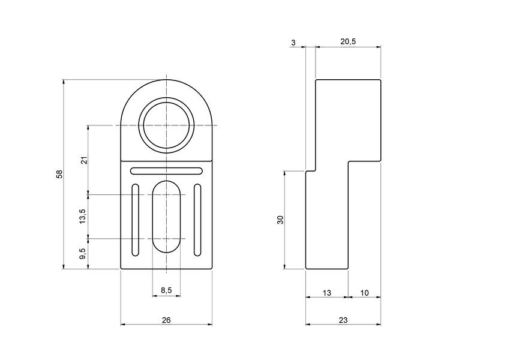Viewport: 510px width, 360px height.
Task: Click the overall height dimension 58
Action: (x=59, y=174)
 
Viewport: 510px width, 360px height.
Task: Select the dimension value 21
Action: (x=84, y=160)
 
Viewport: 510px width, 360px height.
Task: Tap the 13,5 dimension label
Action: (x=83, y=217)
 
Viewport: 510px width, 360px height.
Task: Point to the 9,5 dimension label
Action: (x=83, y=254)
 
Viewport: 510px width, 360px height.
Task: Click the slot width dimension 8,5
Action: (x=166, y=290)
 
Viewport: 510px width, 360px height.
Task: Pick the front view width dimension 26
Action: (x=166, y=320)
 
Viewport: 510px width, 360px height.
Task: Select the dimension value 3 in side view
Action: (x=293, y=42)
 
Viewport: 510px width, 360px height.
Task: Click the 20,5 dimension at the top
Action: (x=348, y=42)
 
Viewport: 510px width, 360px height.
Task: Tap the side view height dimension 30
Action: (x=280, y=220)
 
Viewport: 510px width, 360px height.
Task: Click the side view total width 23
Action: (x=343, y=320)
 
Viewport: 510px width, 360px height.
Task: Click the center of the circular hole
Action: (x=166, y=125)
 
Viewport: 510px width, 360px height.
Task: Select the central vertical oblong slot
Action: (x=166, y=216)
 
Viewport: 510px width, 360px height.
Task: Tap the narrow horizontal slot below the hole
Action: (x=166, y=170)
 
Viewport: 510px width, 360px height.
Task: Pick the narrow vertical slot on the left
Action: (x=136, y=220)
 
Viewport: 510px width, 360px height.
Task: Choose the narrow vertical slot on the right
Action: (x=197, y=220)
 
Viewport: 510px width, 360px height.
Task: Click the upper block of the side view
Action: (x=348, y=120)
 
